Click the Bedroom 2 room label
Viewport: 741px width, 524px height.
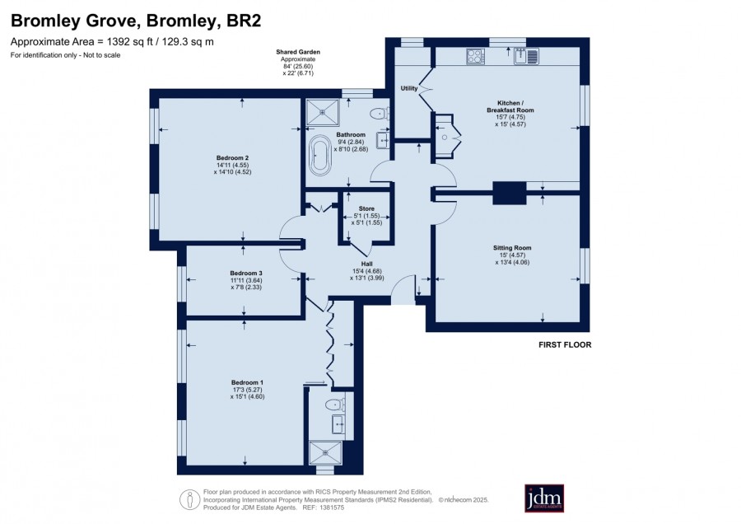232,158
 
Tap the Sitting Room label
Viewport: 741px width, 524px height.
512,248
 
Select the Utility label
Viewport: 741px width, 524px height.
409,88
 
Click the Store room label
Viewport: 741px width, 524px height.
366,208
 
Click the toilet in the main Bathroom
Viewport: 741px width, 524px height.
380,114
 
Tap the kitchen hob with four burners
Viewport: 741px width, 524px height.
475,57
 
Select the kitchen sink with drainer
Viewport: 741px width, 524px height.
526,56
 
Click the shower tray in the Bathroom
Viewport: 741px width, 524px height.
322,113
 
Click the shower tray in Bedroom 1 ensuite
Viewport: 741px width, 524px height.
325,453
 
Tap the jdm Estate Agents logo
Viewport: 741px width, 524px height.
544,498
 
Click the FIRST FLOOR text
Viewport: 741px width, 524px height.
565,344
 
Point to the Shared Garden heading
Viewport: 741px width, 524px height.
298,52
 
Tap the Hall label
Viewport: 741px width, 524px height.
366,264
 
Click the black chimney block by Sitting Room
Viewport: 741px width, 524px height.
510,193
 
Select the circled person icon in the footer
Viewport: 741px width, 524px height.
190,499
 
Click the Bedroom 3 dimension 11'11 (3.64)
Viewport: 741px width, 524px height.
245,280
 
